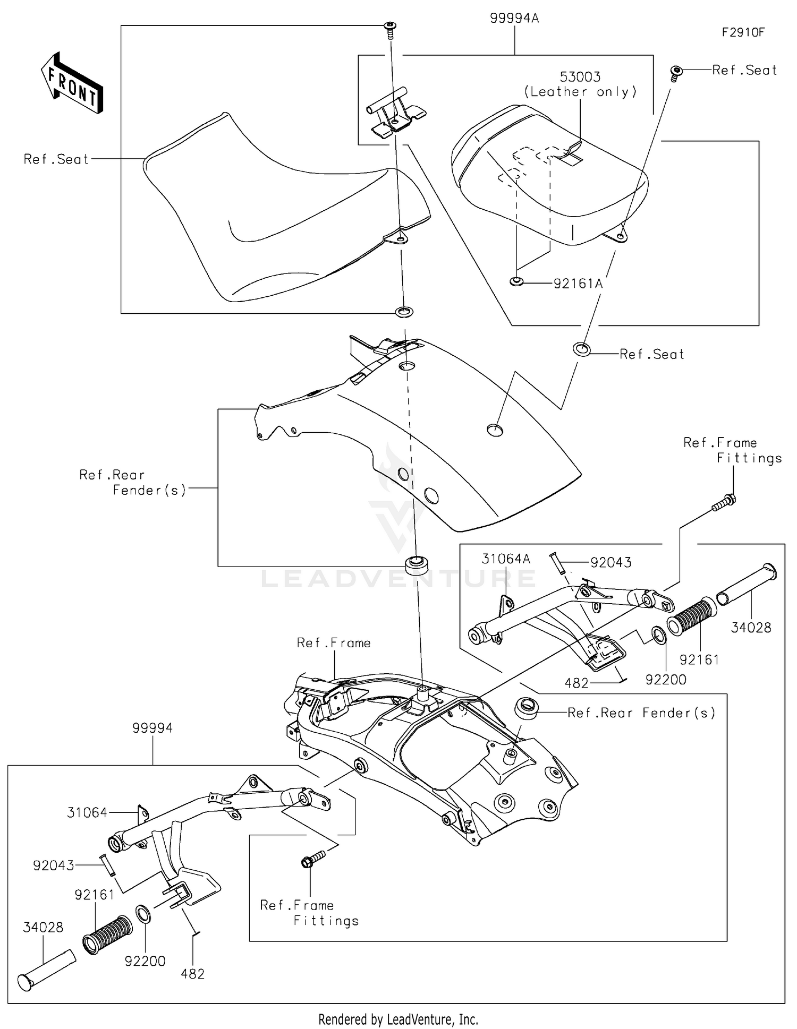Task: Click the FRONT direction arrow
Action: point(72,83)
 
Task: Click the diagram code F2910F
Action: point(743,32)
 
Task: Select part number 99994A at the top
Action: point(514,19)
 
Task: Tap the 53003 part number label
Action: point(580,77)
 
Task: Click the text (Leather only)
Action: point(580,92)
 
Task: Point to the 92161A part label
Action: point(578,284)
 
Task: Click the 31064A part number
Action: point(506,559)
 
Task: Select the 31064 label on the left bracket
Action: point(87,813)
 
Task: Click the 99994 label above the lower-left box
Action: point(152,728)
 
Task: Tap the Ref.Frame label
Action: point(334,643)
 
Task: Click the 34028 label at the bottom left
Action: point(43,928)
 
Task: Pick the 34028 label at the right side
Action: point(751,628)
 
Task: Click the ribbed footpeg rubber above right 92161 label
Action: point(691,616)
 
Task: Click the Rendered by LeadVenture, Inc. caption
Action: point(398,1019)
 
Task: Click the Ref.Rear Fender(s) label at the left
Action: point(133,482)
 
